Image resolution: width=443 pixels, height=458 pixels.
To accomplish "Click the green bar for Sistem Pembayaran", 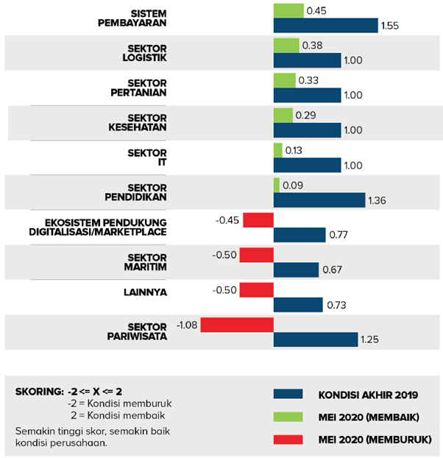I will click(x=288, y=11).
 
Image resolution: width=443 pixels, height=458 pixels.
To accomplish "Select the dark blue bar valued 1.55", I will click(x=325, y=27).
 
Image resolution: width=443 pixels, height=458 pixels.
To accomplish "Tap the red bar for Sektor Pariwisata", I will click(x=237, y=324).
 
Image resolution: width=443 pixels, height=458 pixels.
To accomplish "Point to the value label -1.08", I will click(x=187, y=324).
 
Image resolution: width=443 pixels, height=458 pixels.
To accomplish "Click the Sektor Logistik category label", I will click(x=147, y=53).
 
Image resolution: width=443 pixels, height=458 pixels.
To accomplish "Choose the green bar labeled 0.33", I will click(x=284, y=80).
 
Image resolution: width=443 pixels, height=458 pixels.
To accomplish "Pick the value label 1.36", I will click(x=378, y=200).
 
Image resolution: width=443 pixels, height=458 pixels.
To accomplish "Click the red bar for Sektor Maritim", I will click(x=256, y=256).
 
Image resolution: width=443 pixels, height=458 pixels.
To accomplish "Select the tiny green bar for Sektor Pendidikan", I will click(x=276, y=185).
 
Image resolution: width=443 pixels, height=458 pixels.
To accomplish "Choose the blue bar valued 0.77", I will click(x=300, y=235).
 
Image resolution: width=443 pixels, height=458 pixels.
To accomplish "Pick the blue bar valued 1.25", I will click(x=315, y=339).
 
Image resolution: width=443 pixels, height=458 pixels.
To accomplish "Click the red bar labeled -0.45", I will click(x=258, y=220).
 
